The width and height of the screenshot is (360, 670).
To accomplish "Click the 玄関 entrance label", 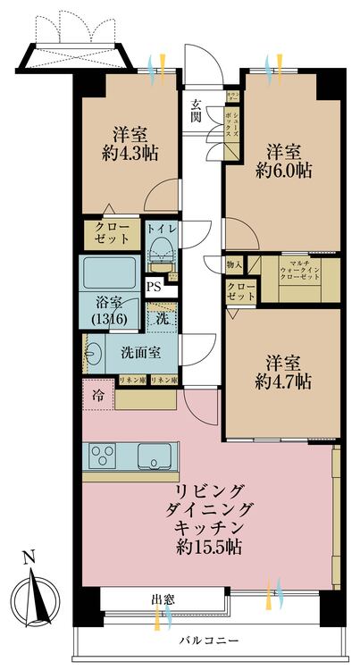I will click(x=196, y=110).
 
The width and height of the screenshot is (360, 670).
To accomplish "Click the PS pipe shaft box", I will click(x=155, y=287).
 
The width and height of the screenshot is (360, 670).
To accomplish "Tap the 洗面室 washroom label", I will click(x=140, y=351).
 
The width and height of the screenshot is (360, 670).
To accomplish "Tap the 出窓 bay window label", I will click(x=163, y=599).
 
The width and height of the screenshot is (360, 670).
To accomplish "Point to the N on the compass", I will click(x=29, y=559).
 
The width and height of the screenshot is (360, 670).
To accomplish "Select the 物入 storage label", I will click(x=234, y=264).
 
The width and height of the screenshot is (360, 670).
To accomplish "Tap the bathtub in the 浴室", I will click(x=108, y=272).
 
